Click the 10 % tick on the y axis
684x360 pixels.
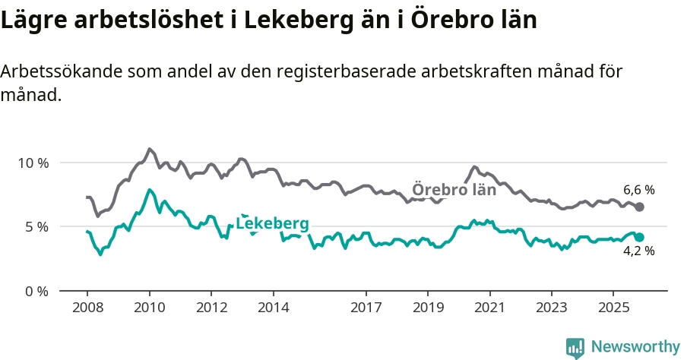point(33,163)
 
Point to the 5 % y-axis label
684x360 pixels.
point(36,226)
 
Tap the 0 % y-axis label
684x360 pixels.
point(36,291)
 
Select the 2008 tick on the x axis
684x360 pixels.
point(87,308)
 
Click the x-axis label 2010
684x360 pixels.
point(149,308)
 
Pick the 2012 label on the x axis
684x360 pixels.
point(211,308)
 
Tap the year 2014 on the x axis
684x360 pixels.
point(274,308)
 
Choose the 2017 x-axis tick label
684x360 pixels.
point(366,308)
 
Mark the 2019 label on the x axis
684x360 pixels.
point(428,308)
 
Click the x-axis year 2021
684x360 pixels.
point(490,308)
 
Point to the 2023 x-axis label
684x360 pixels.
point(552,308)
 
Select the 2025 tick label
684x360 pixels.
point(614,308)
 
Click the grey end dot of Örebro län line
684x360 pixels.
point(640,207)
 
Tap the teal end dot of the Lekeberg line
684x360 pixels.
point(640,237)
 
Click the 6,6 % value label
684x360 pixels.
point(639,190)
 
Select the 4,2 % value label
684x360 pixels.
point(639,251)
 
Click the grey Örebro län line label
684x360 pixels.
point(454,190)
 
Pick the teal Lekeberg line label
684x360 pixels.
point(272,223)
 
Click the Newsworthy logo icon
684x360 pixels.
point(575,347)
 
